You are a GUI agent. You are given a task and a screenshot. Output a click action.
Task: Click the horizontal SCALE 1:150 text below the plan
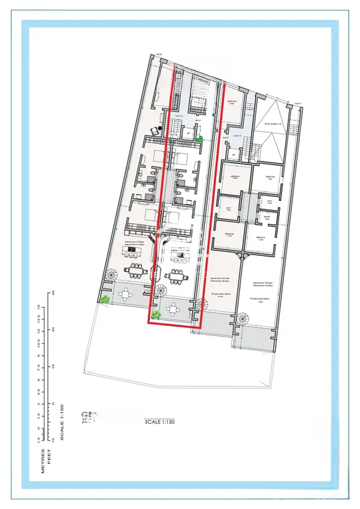[162, 421]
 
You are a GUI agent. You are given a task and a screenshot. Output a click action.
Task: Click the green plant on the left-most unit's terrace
[105, 300]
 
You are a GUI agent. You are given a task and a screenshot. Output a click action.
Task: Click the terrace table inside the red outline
[174, 308]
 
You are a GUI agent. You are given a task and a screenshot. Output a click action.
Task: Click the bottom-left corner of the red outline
[147, 323]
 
